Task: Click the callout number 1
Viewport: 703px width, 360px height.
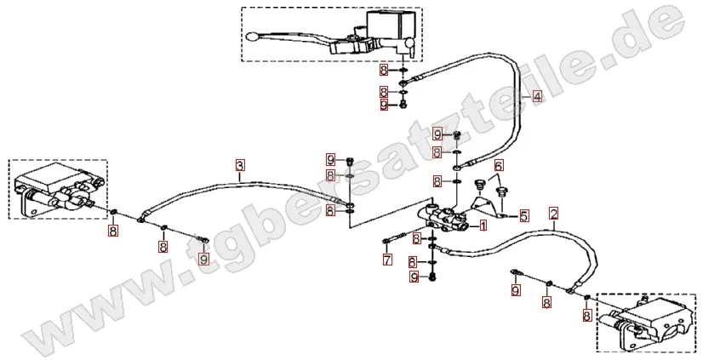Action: point(483,225)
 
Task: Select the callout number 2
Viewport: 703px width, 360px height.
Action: point(554,214)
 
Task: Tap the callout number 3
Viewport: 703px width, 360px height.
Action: point(240,165)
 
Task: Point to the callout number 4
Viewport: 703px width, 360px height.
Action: point(537,96)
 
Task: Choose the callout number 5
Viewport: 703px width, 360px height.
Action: point(524,216)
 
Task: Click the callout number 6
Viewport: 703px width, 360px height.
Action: point(499,165)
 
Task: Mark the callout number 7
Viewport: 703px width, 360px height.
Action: point(387,259)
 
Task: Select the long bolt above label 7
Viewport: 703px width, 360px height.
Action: point(395,237)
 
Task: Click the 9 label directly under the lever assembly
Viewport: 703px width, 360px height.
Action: point(384,106)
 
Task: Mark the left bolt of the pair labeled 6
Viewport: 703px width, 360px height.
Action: point(480,185)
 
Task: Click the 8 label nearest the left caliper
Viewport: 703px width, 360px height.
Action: point(112,231)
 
